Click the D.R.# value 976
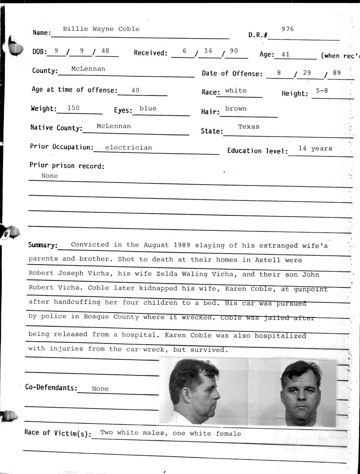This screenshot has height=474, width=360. point(288,29)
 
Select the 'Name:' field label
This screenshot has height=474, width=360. point(42,33)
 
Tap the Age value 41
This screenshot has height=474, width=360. point(286,55)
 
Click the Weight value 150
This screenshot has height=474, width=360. point(73,108)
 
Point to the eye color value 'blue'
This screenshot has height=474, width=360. point(148,108)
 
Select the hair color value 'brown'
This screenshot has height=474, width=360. point(236,109)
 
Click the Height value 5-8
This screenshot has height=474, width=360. point(322,90)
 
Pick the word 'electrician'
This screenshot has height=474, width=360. point(129,147)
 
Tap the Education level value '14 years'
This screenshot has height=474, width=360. point(315,149)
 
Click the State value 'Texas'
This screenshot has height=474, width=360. point(249,127)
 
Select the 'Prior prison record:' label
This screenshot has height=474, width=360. point(67,166)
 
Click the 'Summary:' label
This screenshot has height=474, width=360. point(43,245)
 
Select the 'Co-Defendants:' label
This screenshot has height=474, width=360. point(51,388)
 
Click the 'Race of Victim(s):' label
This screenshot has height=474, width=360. point(58,433)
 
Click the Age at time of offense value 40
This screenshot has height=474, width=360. point(135,90)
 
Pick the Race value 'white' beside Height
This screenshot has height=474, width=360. point(236,91)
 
